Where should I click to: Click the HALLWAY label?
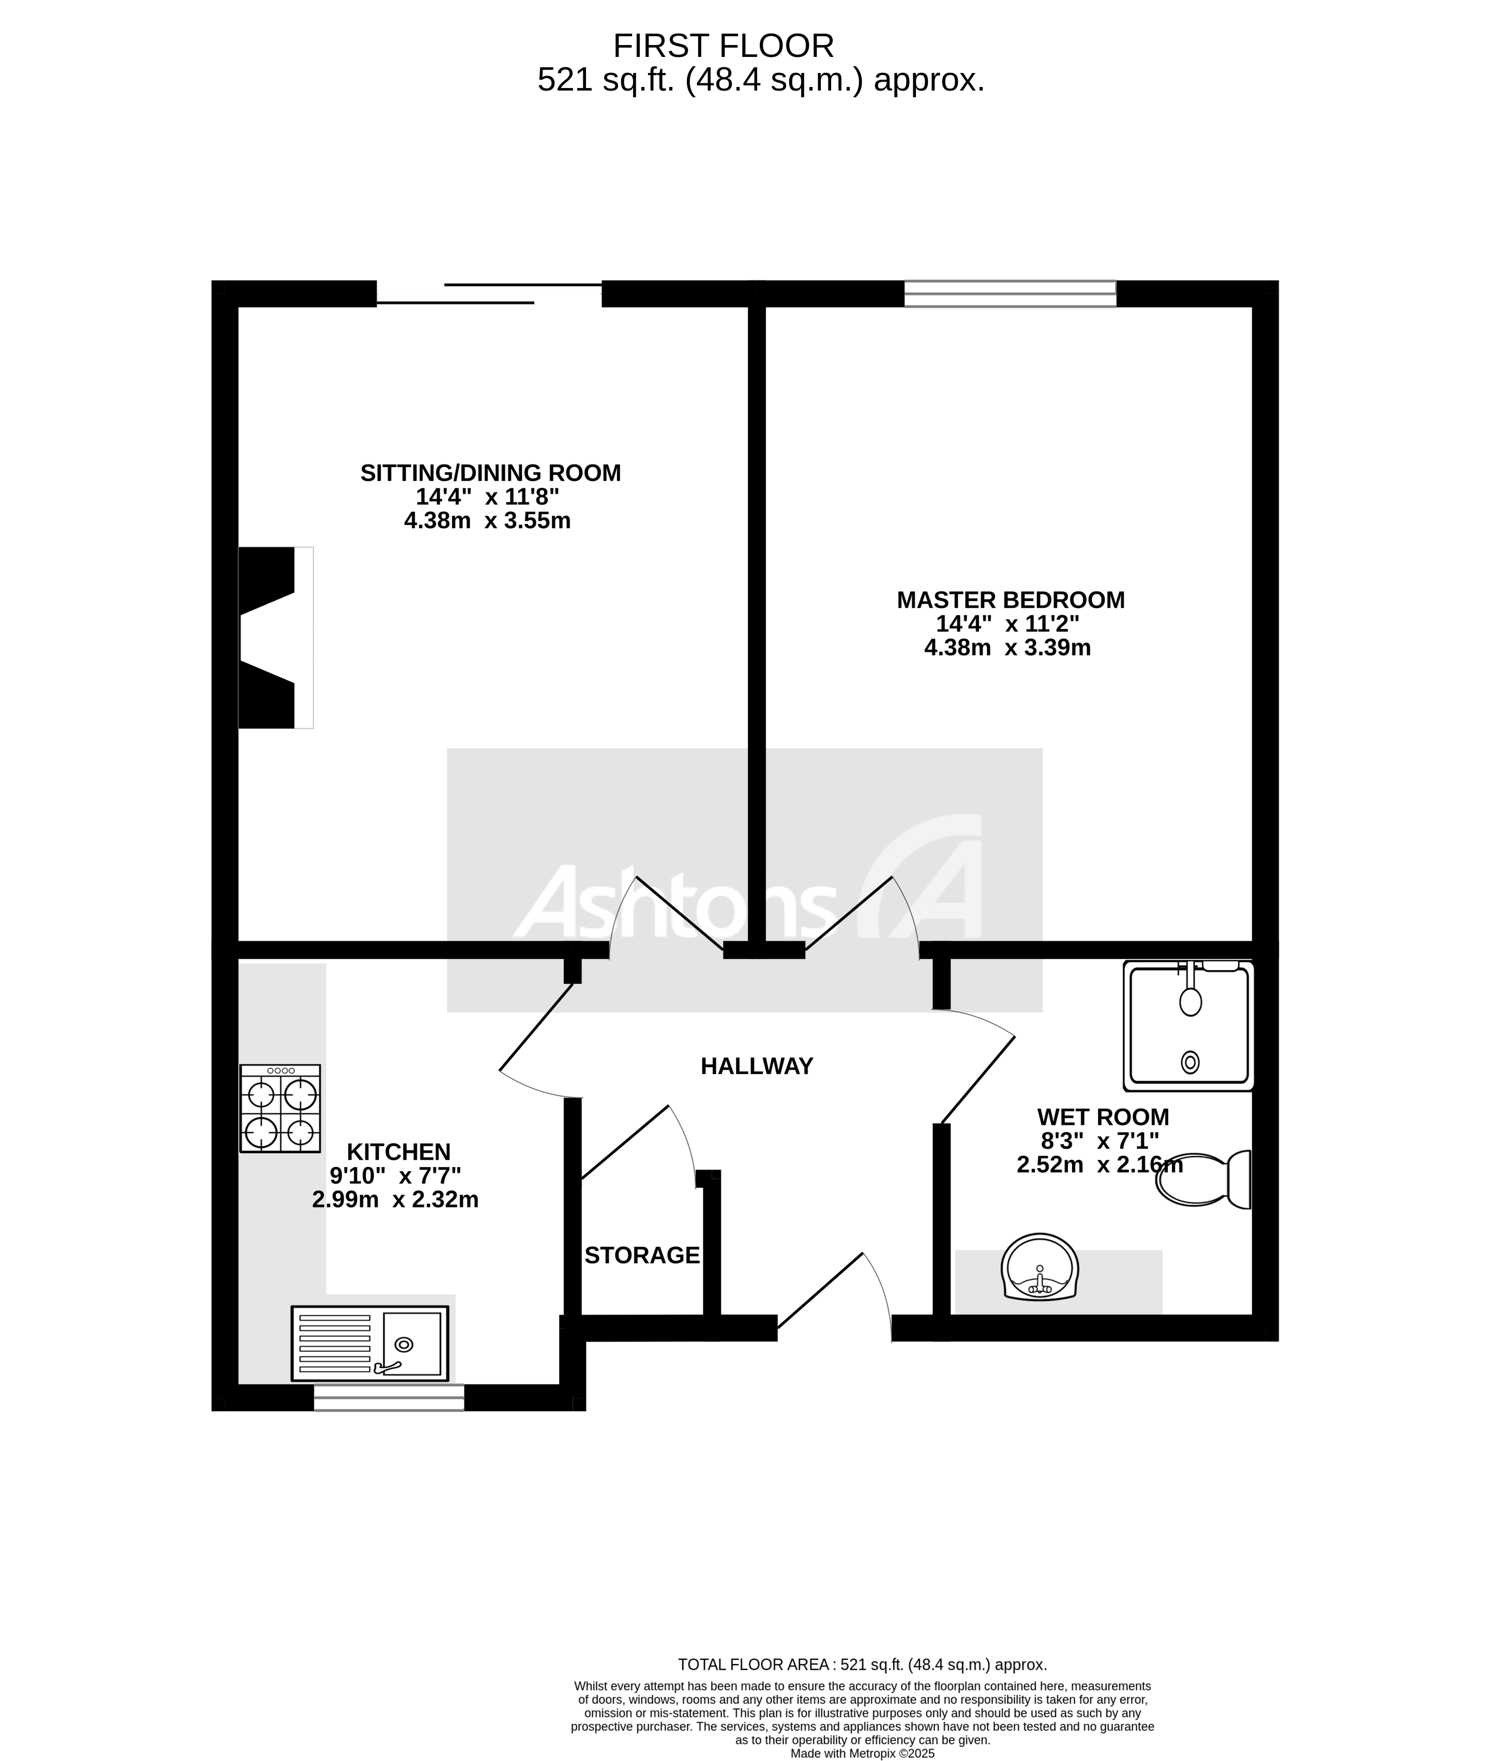coord(756,1066)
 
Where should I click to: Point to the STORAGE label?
coord(642,1256)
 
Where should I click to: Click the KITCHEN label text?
coord(399,1152)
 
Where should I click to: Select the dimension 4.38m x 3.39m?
coord(1007,648)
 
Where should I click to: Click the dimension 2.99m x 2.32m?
coord(395,1199)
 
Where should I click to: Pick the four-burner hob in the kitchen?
coord(280,1108)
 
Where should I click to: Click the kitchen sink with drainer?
coord(369,1344)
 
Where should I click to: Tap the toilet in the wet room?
coord(1203,1179)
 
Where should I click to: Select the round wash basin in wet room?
coord(1039,1267)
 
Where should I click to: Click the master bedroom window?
coord(1010,293)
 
